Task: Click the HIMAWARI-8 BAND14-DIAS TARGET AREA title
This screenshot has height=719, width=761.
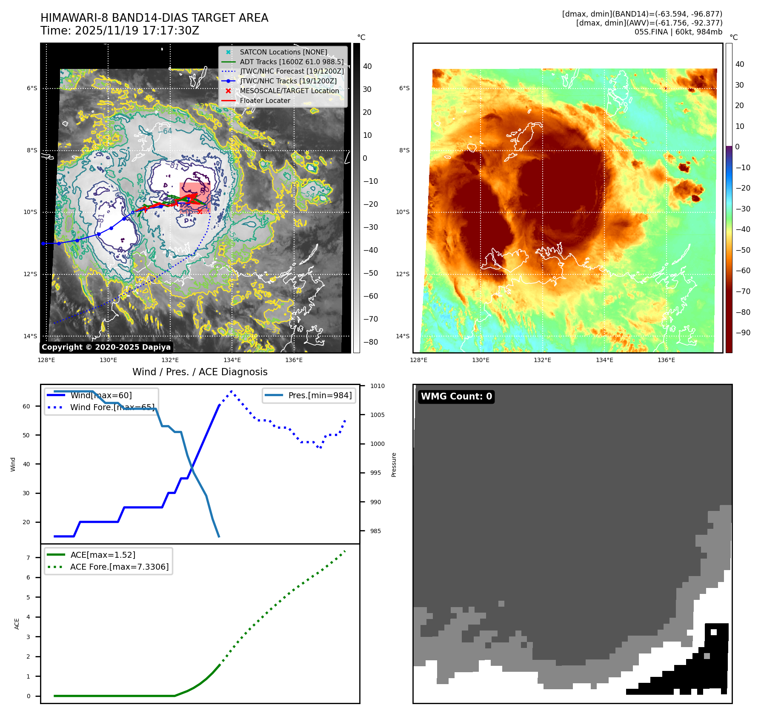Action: [154, 18]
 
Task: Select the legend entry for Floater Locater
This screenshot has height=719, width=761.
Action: [265, 101]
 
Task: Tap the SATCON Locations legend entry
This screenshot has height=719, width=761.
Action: [283, 52]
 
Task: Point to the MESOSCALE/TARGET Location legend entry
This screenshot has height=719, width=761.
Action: [289, 91]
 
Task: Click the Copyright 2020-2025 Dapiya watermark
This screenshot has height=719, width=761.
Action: [106, 347]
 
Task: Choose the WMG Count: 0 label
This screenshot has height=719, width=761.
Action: [456, 397]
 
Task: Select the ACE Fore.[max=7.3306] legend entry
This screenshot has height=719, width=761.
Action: [119, 567]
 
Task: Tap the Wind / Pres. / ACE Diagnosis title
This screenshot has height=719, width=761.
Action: [200, 372]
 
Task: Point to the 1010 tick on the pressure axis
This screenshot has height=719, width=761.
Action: [377, 386]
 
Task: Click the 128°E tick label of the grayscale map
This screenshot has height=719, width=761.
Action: [46, 360]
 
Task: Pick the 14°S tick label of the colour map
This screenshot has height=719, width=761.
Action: [403, 337]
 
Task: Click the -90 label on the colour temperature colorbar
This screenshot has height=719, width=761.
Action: [743, 333]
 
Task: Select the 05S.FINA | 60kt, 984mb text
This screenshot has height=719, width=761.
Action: [678, 32]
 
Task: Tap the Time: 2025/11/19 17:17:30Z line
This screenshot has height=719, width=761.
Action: [120, 31]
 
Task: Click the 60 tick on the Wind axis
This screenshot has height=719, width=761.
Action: [26, 406]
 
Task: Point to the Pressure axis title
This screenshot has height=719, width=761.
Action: [394, 465]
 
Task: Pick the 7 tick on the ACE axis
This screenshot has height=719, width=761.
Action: [29, 558]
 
